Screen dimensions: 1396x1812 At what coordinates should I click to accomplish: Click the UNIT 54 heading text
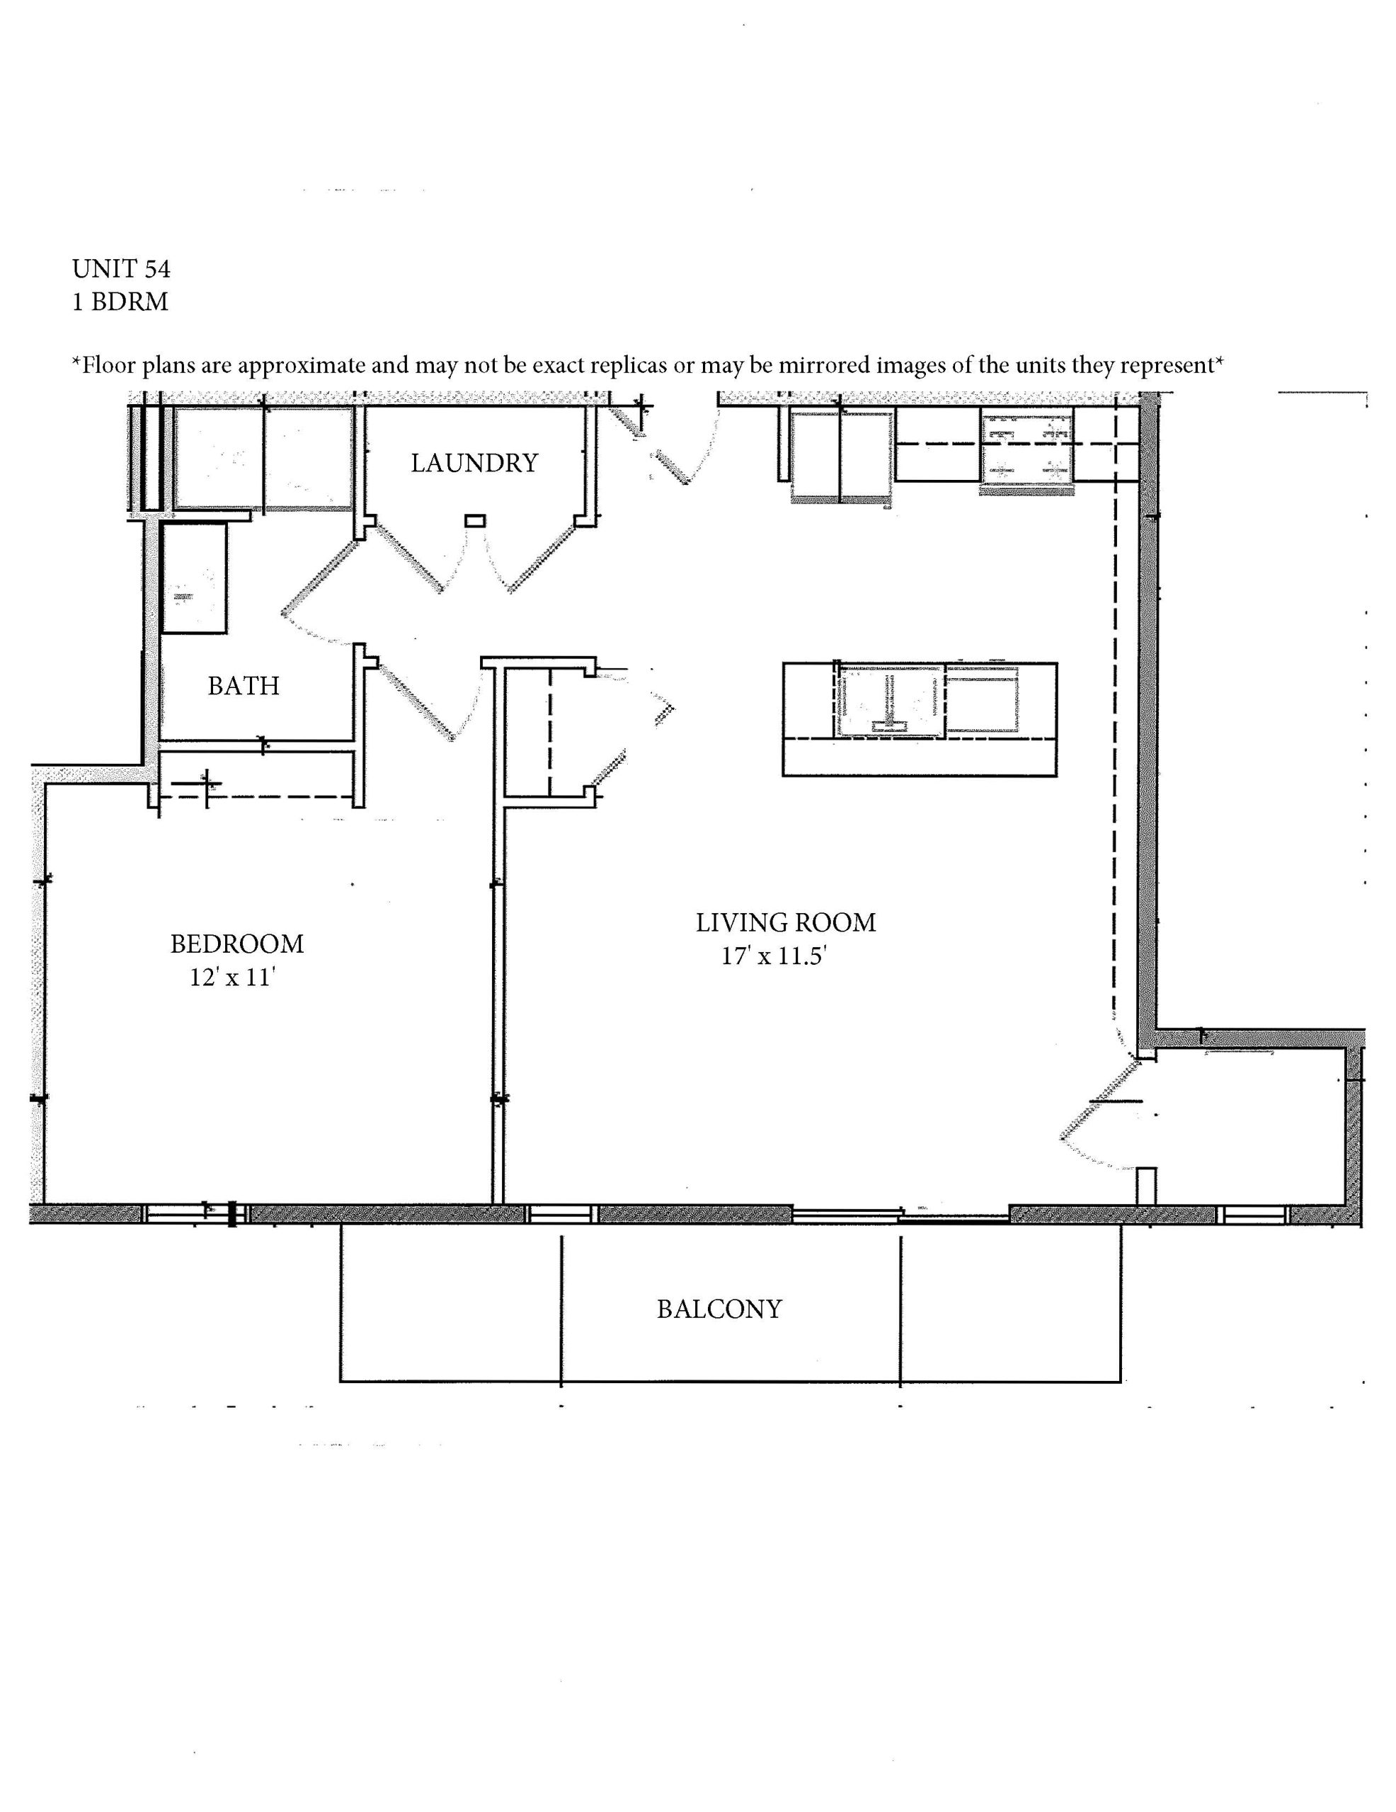point(121,269)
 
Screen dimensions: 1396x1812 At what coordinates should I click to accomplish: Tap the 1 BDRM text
point(120,302)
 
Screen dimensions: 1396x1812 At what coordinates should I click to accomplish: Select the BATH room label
point(244,686)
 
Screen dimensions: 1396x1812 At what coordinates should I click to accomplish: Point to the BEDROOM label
point(237,944)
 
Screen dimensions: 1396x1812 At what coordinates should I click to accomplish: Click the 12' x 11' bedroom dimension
point(232,977)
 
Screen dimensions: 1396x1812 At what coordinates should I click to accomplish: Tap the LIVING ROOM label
point(786,922)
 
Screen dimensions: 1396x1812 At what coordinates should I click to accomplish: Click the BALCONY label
point(719,1309)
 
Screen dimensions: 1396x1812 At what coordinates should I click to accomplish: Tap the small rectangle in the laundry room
point(476,521)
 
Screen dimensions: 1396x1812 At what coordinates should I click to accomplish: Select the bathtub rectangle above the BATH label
point(194,579)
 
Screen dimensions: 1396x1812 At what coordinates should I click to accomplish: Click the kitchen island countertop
point(920,719)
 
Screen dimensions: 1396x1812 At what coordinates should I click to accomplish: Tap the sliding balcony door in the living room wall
point(900,1216)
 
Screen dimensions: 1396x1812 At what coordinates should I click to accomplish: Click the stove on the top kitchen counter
point(1026,449)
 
